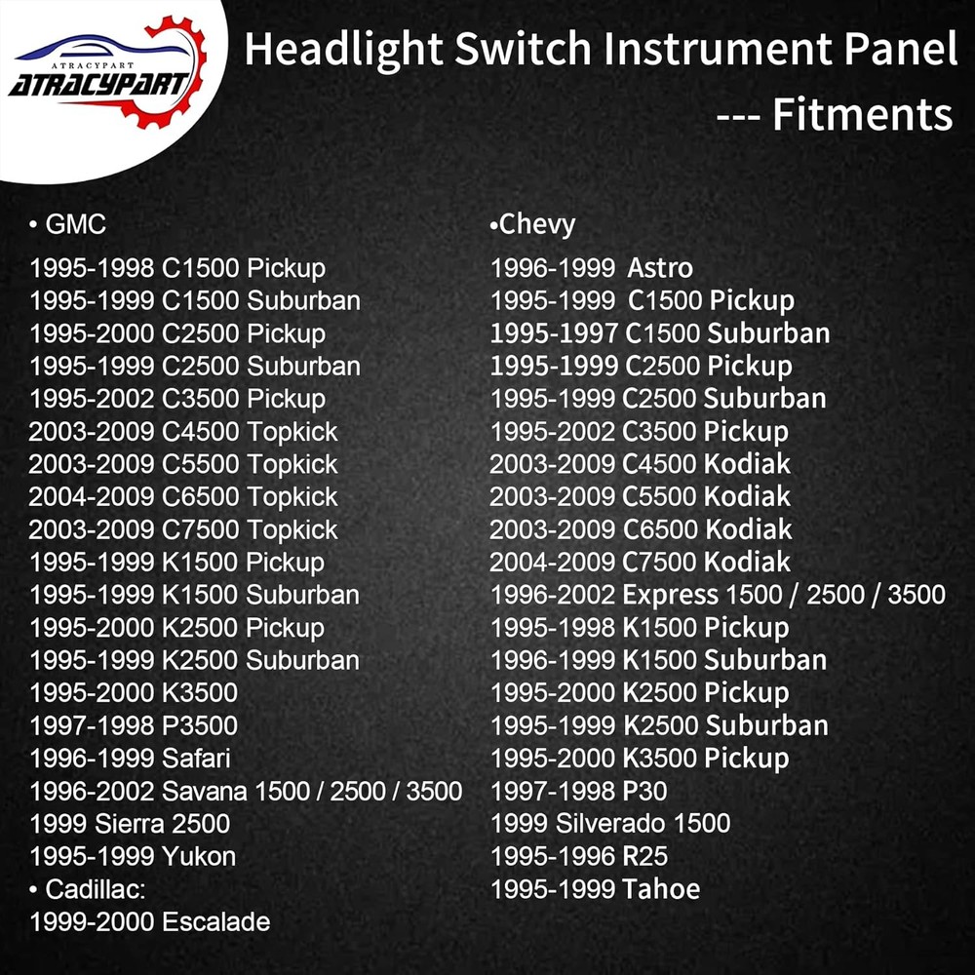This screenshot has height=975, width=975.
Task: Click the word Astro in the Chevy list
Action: tap(660, 267)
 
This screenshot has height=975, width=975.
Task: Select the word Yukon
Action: tap(199, 856)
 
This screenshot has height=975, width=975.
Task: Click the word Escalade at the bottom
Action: tap(215, 921)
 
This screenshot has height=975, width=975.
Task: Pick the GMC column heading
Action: tap(75, 224)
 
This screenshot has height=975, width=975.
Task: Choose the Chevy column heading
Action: tap(537, 224)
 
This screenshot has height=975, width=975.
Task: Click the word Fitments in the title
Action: tap(863, 115)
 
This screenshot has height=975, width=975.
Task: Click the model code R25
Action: tap(645, 856)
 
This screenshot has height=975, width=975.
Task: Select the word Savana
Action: tap(203, 791)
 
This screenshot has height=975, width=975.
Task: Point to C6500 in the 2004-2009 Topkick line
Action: tap(199, 496)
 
